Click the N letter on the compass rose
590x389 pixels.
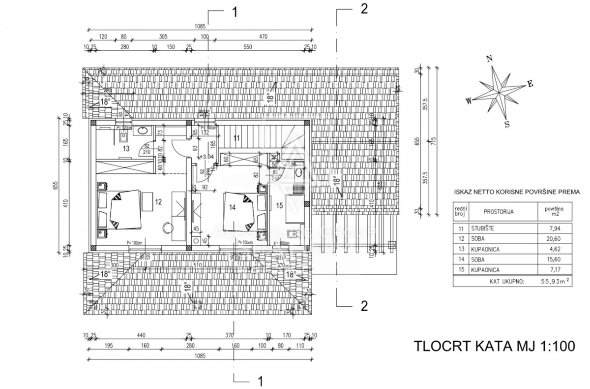tap(489, 59)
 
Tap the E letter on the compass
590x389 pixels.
tap(530, 84)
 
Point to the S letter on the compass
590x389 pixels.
tap(506, 124)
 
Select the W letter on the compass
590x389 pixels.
tap(469, 101)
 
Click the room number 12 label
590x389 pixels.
tap(158, 201)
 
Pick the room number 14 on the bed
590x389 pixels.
tap(232, 207)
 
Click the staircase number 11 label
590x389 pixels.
tap(236, 138)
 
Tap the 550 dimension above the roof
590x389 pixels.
tap(247, 47)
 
